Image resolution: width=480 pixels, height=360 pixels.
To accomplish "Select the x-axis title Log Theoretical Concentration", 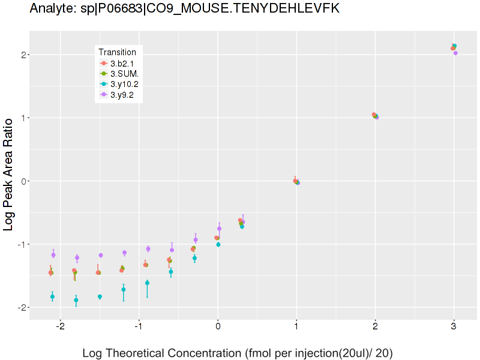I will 238,353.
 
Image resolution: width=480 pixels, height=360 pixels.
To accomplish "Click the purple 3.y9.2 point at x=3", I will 455,53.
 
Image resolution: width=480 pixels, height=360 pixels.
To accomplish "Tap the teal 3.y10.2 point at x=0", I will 218,245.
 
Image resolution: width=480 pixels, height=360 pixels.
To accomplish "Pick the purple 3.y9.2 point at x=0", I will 219,229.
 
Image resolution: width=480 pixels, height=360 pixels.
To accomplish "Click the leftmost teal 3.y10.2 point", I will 52,297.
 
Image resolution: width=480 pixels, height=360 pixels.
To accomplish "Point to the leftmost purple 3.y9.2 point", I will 53,255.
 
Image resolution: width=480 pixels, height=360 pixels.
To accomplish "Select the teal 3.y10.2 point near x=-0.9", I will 147,283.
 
